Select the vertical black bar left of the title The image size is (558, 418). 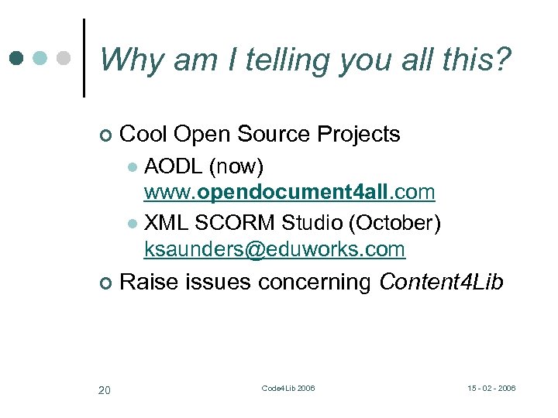83,58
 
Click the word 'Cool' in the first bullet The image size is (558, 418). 144,134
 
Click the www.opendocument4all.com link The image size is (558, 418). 289,191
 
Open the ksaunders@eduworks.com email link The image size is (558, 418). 274,249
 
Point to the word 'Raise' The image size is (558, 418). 150,283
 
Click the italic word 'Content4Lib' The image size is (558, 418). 441,283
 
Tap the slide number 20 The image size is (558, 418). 104,389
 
